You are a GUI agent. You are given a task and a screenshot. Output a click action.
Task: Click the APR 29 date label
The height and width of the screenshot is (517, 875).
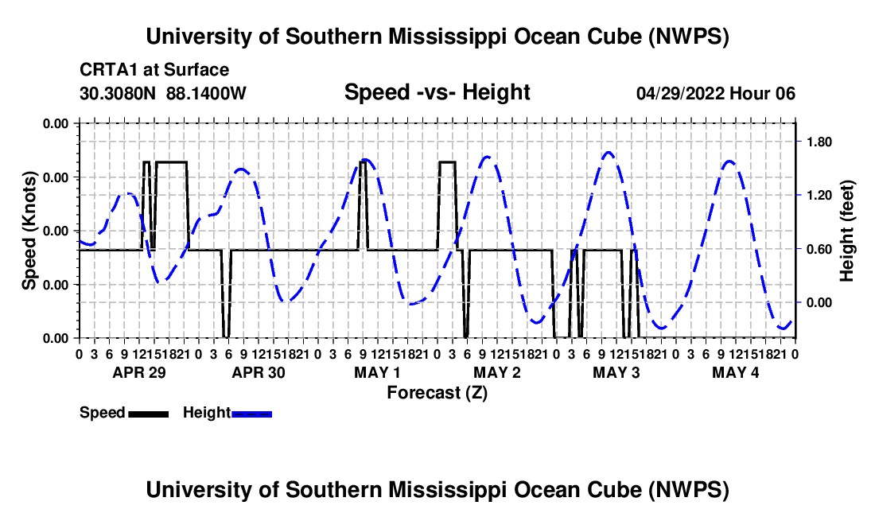139,372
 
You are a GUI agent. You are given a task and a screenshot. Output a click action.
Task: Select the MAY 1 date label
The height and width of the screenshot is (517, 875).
377,372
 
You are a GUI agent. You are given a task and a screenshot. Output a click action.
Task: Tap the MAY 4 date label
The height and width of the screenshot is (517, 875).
736,372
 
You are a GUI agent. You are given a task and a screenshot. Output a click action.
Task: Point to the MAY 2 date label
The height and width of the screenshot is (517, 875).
497,372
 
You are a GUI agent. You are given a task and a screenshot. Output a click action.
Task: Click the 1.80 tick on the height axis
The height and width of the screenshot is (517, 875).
819,142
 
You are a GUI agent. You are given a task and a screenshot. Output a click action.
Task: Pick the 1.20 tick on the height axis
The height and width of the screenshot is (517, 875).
819,195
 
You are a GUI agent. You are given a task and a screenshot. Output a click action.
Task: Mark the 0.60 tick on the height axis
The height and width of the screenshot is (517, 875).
819,249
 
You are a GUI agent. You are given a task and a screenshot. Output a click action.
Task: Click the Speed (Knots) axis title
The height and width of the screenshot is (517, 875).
29,231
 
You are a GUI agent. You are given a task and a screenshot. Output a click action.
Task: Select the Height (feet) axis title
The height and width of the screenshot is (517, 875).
846,231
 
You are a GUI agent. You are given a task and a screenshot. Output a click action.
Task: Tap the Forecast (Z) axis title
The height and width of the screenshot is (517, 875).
437,393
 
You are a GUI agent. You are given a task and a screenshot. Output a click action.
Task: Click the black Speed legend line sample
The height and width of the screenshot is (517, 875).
149,414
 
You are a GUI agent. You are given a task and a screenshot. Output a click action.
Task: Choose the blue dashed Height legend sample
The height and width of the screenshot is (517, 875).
251,414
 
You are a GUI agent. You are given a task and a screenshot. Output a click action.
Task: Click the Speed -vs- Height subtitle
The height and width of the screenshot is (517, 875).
437,92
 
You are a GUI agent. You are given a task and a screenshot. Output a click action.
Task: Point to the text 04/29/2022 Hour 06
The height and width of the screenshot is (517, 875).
716,93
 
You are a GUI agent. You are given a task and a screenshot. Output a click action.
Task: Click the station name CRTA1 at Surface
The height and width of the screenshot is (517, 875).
154,70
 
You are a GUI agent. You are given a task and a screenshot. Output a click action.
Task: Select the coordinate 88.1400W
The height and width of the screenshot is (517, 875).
206,93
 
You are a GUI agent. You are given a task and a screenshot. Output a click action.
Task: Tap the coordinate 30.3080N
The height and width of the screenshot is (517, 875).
118,93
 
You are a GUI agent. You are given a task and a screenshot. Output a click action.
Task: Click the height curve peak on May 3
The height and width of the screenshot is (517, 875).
609,152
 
